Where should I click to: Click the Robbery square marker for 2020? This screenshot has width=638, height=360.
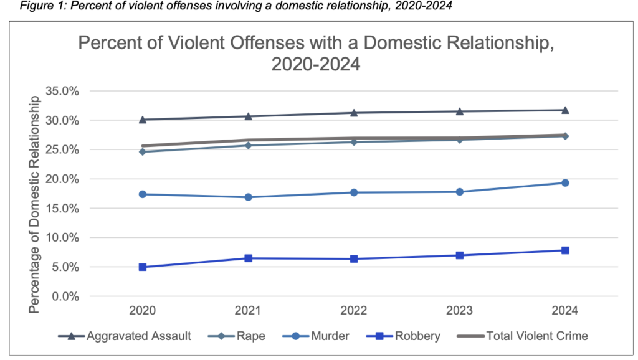(143, 267)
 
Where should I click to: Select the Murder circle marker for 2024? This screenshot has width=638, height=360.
(565, 182)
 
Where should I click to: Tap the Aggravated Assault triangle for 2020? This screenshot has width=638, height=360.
(143, 120)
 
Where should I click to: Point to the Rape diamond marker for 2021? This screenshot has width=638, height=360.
(249, 145)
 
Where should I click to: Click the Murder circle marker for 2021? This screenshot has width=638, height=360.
(249, 197)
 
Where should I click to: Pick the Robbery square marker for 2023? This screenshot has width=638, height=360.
(460, 255)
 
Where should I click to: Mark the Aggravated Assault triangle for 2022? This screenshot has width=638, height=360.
(354, 113)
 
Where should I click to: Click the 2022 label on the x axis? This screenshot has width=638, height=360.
(354, 311)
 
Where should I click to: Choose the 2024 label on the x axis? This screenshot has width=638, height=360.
(565, 311)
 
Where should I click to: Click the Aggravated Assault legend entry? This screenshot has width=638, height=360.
(125, 336)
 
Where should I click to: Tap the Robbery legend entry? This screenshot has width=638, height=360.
(404, 336)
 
